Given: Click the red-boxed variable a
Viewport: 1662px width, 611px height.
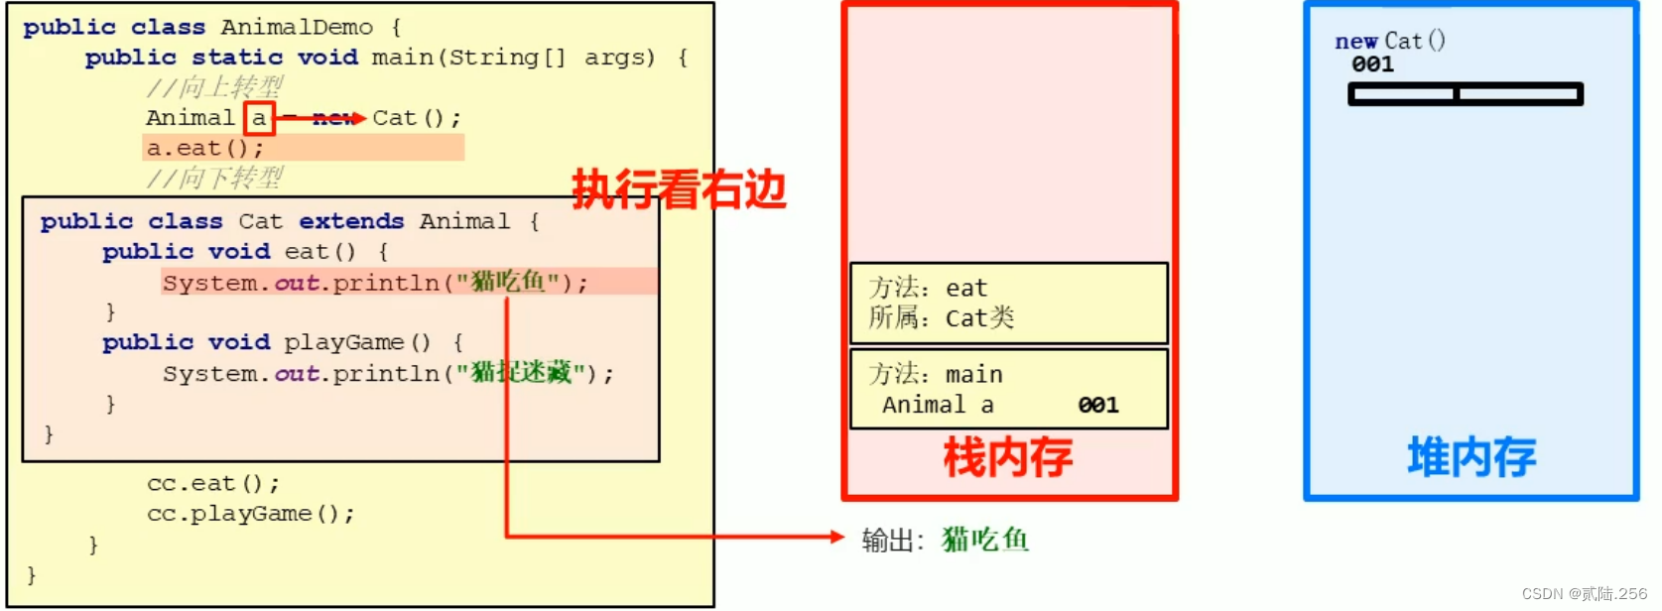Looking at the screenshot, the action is [x=259, y=118].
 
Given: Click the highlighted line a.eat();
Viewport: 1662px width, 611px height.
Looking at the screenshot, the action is [x=205, y=149].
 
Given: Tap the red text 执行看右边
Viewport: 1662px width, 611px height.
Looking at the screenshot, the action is [x=679, y=189].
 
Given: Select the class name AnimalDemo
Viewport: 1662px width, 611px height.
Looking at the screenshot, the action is [x=297, y=28].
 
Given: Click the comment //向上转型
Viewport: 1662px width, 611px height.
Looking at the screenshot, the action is [x=214, y=87].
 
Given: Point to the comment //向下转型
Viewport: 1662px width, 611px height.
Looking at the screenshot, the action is [x=214, y=179].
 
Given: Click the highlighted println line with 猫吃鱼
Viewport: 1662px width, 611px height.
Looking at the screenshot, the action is [x=375, y=283].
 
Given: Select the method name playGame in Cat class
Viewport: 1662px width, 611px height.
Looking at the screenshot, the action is [x=343, y=342].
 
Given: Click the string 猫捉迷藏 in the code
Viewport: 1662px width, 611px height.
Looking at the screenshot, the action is [x=521, y=373].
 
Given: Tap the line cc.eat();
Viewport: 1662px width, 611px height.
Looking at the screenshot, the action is [x=213, y=484].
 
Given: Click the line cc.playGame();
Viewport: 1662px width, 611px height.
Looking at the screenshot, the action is [x=250, y=514].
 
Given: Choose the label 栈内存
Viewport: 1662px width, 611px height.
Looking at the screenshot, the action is [x=1007, y=458].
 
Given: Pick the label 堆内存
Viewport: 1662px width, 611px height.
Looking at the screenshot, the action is [x=1471, y=458].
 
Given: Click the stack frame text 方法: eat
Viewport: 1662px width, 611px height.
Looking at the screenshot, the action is [x=928, y=288].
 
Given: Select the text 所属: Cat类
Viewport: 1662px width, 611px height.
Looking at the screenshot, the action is [x=941, y=318].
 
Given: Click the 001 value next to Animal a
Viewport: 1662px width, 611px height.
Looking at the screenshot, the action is [x=1098, y=405].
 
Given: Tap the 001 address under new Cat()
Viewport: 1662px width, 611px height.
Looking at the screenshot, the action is [x=1372, y=64].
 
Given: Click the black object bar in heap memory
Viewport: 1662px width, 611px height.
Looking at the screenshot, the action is [x=1465, y=94].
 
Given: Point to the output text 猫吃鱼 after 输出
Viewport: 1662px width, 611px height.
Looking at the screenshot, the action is [x=985, y=540].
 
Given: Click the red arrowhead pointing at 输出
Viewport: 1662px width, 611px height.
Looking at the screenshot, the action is [x=836, y=537].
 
